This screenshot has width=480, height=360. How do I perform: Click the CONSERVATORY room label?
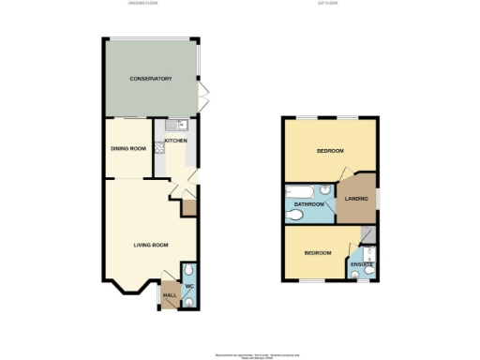(150, 79)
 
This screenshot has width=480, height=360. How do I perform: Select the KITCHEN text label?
(176, 141)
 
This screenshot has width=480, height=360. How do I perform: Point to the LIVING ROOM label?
(149, 246)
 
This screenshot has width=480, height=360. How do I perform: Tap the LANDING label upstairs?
(356, 199)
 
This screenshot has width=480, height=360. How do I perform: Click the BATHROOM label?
(309, 204)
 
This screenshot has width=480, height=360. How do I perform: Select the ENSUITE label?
(363, 266)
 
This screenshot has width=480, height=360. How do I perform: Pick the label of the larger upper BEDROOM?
(329, 151)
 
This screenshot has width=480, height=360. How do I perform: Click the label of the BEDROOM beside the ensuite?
(317, 253)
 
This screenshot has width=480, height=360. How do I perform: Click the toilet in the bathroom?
(295, 215)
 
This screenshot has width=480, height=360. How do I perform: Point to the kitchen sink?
(181, 125)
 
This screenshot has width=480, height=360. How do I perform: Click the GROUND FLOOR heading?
(142, 5)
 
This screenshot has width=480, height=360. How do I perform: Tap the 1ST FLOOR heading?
(327, 5)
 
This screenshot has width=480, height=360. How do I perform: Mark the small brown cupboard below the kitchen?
(187, 207)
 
